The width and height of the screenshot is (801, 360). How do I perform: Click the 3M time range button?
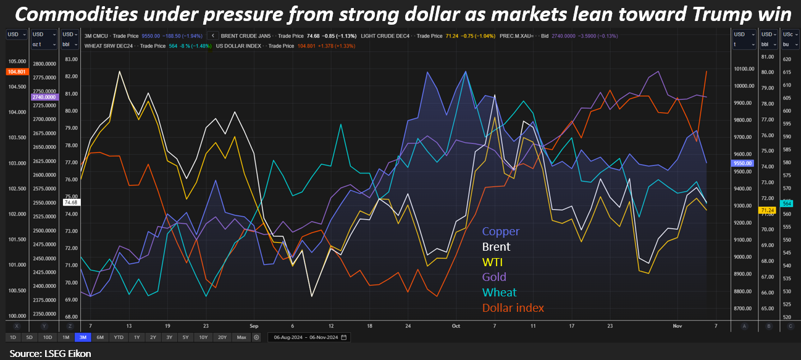coord(82,337)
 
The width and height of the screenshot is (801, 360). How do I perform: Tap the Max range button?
coord(241,337)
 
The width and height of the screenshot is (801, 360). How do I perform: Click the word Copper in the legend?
coord(500,232)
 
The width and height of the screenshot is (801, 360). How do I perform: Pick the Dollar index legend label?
coord(513,308)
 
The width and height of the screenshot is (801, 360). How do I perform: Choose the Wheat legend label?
coord(499,292)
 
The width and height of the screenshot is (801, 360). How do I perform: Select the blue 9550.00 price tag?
coord(740,163)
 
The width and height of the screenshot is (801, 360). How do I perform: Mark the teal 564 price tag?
coord(787,203)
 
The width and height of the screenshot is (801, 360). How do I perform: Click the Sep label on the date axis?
coord(254,325)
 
